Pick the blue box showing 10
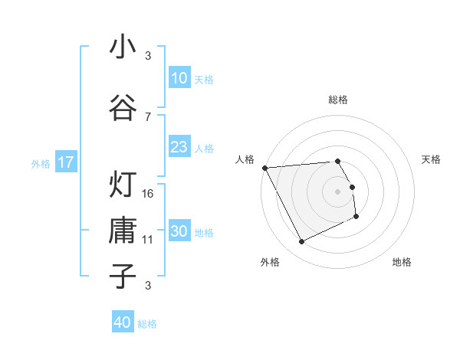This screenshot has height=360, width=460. pyautogui.click(x=179, y=78)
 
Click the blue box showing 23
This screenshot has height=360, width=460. pyautogui.click(x=179, y=147)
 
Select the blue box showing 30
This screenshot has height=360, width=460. pyautogui.click(x=179, y=232)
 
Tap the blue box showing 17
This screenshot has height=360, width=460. pyautogui.click(x=65, y=162)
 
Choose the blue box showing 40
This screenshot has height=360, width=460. pyautogui.click(x=123, y=323)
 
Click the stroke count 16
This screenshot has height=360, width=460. pyautogui.click(x=149, y=194)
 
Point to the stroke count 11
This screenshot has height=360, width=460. pyautogui.click(x=149, y=240)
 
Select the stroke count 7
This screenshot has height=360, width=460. pyautogui.click(x=148, y=116)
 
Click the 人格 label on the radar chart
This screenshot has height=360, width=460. pyautogui.click(x=245, y=159)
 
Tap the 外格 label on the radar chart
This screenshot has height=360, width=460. pyautogui.click(x=269, y=262)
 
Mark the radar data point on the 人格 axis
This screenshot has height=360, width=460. pyautogui.click(x=264, y=168)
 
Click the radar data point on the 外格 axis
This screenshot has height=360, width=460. pyautogui.click(x=301, y=242)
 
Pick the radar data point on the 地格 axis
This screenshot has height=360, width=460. pyautogui.click(x=356, y=217)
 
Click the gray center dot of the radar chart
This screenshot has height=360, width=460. pyautogui.click(x=338, y=191)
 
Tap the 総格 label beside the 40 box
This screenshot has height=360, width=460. pyautogui.click(x=147, y=324)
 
